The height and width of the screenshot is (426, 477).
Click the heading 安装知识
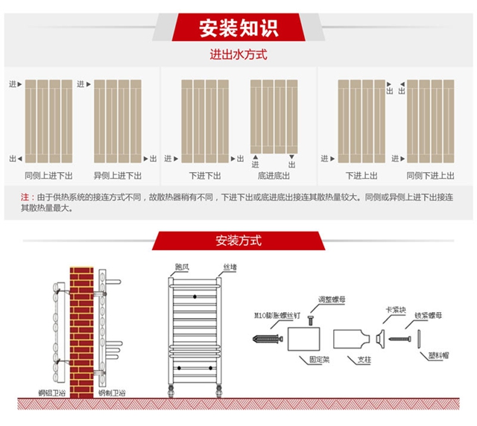tap(238, 28)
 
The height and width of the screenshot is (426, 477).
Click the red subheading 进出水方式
tap(238, 54)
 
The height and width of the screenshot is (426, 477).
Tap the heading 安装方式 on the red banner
tap(238, 241)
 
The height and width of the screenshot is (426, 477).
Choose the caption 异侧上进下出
tap(117, 176)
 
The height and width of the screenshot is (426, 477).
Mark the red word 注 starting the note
tap(25, 197)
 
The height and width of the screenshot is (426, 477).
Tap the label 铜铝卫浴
tap(51, 392)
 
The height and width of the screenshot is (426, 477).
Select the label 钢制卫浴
tap(112, 392)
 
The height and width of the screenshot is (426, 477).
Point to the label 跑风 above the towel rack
tap(182, 266)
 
